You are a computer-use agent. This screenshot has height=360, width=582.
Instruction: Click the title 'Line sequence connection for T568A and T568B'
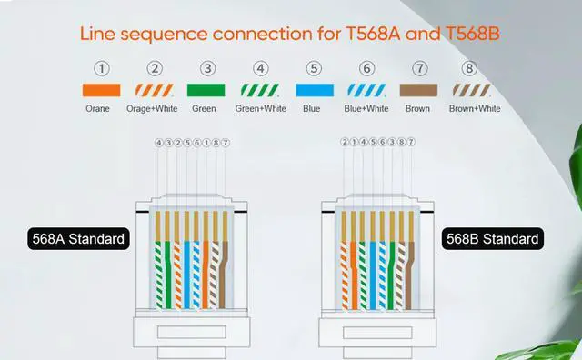(x=291, y=35)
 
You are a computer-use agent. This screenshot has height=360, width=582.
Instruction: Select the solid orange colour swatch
(x=97, y=91)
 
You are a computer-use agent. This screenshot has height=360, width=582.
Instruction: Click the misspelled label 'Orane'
(x=97, y=109)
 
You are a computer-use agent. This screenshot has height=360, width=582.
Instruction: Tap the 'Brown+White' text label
(x=475, y=109)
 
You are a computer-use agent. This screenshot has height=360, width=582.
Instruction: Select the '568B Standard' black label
(x=492, y=240)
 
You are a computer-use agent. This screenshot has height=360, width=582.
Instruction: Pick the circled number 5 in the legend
(x=314, y=67)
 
